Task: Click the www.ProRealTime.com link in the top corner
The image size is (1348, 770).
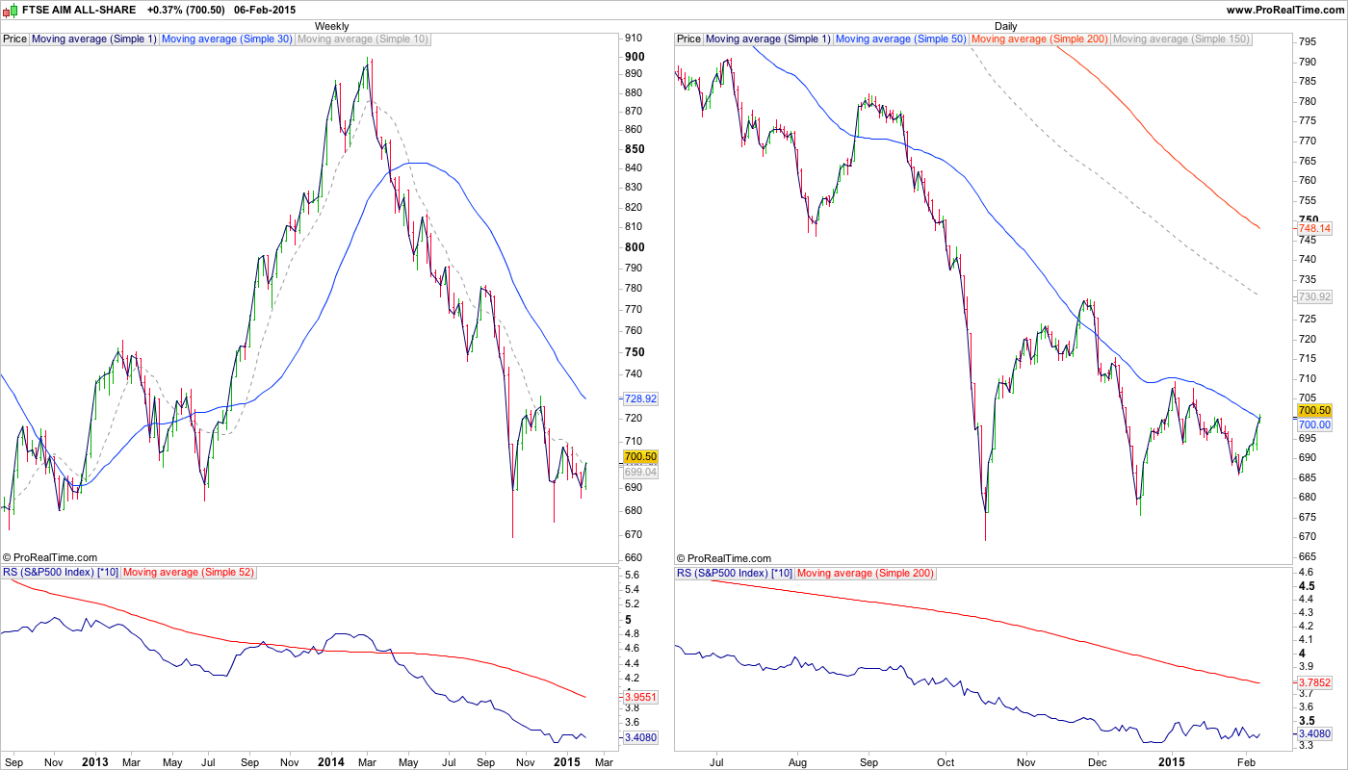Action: pos(1285,10)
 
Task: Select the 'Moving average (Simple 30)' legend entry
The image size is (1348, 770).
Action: pos(227,39)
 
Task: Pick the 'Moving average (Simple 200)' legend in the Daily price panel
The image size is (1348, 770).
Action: pos(1040,39)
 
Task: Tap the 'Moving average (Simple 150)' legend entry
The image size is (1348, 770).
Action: pos(1181,39)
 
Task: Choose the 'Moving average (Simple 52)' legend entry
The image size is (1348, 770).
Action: pos(189,573)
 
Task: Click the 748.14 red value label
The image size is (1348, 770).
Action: pos(1314,228)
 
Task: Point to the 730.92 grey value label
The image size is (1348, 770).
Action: pos(1314,297)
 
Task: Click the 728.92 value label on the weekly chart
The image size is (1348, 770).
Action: pos(640,398)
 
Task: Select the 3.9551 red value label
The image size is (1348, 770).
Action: pos(640,696)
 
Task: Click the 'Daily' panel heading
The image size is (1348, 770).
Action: pos(1005,26)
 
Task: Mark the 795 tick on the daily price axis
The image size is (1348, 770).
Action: pos(1308,42)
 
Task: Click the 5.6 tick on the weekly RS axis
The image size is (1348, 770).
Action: pos(633,576)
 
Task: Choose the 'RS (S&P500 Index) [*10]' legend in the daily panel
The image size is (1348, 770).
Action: pos(735,573)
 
